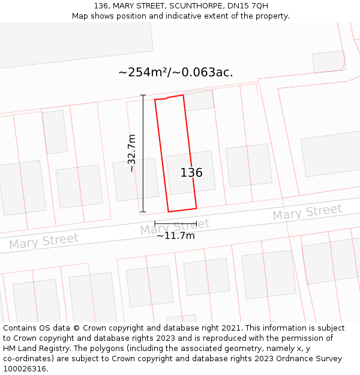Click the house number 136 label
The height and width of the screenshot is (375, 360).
pyautogui.click(x=191, y=173)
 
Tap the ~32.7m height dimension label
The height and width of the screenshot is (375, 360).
pyautogui.click(x=131, y=154)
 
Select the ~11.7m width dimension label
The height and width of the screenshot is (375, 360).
pyautogui.click(x=176, y=236)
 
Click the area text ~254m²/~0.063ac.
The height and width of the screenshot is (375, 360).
pyautogui.click(x=176, y=73)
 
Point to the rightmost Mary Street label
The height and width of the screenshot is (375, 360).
pyautogui.click(x=307, y=212)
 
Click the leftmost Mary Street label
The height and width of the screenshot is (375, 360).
pyautogui.click(x=44, y=241)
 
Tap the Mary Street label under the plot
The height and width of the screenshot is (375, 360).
pyautogui.click(x=175, y=227)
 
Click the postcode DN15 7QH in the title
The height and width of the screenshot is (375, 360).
pyautogui.click(x=248, y=6)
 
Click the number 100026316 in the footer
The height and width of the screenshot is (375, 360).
pyautogui.click(x=25, y=369)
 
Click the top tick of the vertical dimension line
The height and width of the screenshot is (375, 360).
pyautogui.click(x=143, y=95)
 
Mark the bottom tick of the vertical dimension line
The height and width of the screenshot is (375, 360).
pyautogui.click(x=143, y=212)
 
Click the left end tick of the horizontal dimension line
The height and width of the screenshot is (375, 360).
pyautogui.click(x=155, y=224)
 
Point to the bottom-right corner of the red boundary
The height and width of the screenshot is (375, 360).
pyautogui.click(x=196, y=208)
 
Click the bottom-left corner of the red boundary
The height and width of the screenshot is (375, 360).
pyautogui.click(x=168, y=212)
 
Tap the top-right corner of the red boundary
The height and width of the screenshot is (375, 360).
pyautogui.click(x=183, y=95)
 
